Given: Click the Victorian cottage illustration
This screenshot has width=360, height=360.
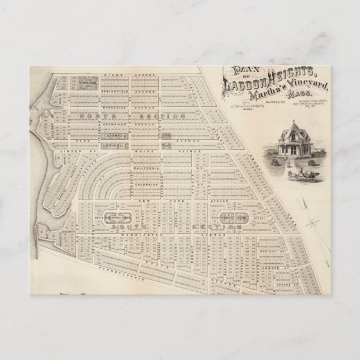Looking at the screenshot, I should point(295,142).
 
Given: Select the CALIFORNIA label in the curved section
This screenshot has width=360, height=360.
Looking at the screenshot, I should point(148,168).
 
